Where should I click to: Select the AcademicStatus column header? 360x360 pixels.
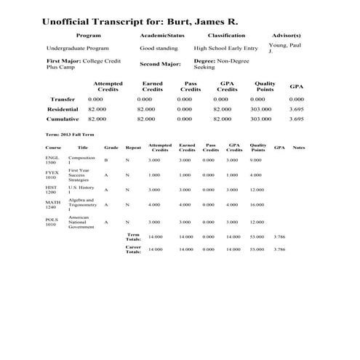[162, 35]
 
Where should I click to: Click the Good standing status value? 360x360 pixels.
[158, 48]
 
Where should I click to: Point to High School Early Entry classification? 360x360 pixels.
[226, 48]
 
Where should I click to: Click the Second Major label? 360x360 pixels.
[160, 64]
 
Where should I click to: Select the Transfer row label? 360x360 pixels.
[62, 99]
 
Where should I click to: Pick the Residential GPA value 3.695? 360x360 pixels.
[297, 109]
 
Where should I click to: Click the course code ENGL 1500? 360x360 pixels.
[52, 159]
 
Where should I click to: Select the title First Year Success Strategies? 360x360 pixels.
[79, 175]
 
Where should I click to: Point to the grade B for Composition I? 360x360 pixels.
[105, 159]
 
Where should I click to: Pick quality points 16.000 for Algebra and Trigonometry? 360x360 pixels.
[257, 205]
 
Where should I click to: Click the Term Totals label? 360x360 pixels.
[133, 237]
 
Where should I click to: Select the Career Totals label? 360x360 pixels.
[133, 249]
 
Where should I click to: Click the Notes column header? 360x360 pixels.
[299, 148]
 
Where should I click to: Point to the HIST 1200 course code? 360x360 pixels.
[52, 190]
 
